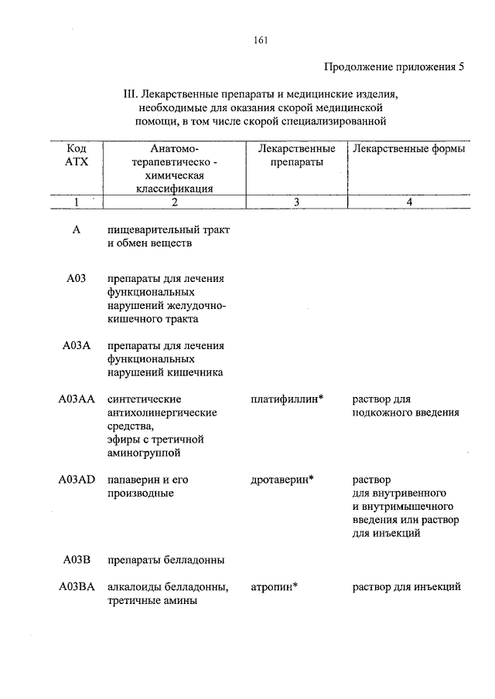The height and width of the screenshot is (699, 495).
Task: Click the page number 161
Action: click(261, 40)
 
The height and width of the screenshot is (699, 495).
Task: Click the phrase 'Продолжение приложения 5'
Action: click(394, 66)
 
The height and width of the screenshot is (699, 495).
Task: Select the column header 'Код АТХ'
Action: click(77, 155)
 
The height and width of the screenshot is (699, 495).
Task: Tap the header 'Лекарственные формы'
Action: click(408, 148)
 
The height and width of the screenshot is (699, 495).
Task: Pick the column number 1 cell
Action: click(77, 202)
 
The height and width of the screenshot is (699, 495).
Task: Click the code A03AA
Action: click(77, 399)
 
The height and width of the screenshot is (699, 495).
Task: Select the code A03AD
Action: click(77, 480)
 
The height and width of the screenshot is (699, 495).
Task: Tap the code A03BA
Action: click(77, 587)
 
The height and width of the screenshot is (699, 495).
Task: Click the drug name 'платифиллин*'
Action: click(287, 399)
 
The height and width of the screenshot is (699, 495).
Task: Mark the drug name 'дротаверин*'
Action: click(282, 480)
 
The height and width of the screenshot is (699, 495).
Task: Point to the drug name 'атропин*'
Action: click(275, 587)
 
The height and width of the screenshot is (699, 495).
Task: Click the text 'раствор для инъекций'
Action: click(407, 587)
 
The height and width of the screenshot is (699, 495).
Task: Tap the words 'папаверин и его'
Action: click(148, 480)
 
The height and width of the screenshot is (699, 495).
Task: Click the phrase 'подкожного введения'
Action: click(405, 412)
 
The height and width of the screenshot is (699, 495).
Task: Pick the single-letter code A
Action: click(77, 230)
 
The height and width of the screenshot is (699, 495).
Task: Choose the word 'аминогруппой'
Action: click(144, 453)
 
